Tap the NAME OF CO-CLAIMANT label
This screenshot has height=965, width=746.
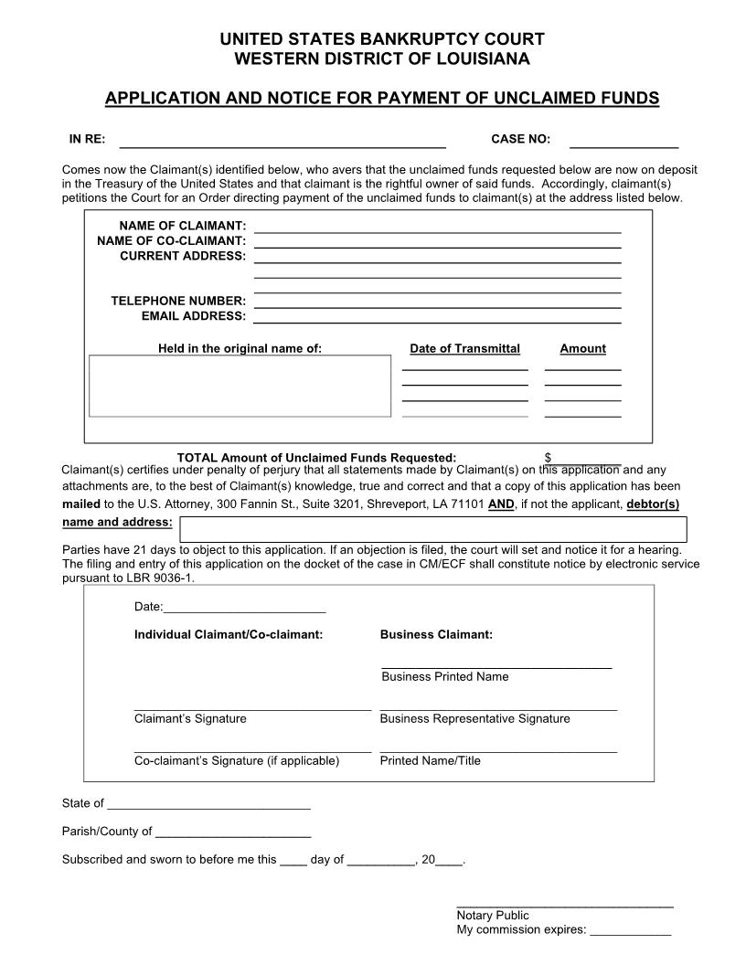(172, 240)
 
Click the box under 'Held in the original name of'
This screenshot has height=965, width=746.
(240, 386)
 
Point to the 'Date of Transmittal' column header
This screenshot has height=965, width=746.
(464, 349)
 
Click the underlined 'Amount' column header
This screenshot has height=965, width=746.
(582, 349)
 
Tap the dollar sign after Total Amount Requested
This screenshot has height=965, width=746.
(548, 458)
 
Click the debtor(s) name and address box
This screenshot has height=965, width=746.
(432, 529)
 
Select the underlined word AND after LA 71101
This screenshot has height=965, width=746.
(501, 504)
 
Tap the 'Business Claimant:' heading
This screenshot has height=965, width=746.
(436, 634)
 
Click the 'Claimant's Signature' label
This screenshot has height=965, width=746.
(190, 719)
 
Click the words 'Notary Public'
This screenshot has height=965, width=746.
(492, 916)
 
